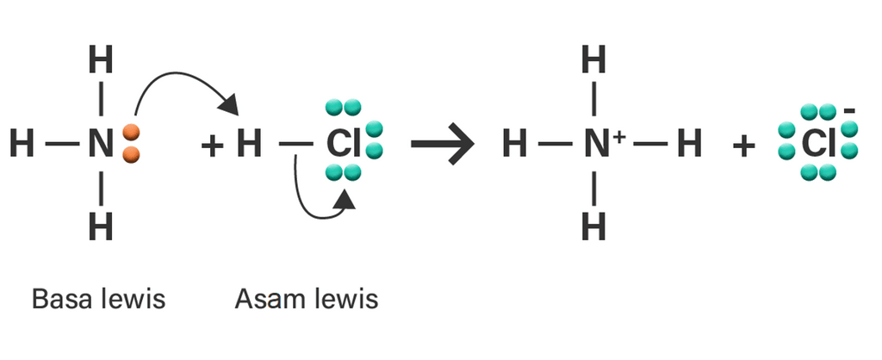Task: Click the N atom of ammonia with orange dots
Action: (101, 144)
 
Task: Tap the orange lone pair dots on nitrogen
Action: (131, 143)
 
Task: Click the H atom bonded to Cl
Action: (248, 144)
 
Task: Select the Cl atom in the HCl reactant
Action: (343, 144)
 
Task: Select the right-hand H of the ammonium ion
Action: (688, 144)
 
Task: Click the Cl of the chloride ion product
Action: (814, 144)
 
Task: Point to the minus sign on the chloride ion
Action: (850, 111)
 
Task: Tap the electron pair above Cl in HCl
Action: (343, 109)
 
